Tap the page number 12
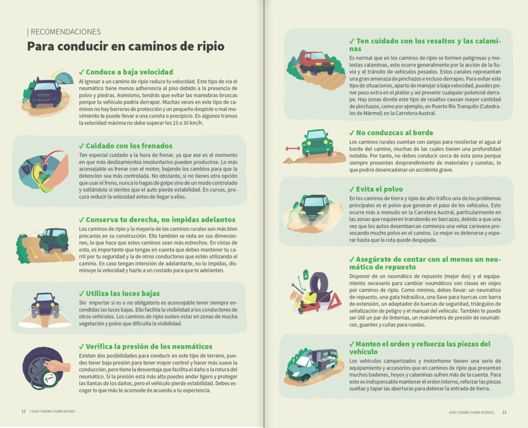click(24, 411)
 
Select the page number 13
click(504, 412)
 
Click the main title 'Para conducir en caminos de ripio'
click(125, 46)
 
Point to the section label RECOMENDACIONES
click(64, 32)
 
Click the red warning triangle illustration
click(334, 301)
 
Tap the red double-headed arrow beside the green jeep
click(292, 148)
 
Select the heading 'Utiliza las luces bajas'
click(122, 294)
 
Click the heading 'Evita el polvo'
click(380, 189)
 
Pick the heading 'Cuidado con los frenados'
click(129, 146)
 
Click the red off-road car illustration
click(317, 62)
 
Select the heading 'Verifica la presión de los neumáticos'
click(148, 346)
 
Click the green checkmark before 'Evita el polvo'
click(352, 189)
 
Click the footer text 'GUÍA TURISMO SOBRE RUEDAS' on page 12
click(53, 411)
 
